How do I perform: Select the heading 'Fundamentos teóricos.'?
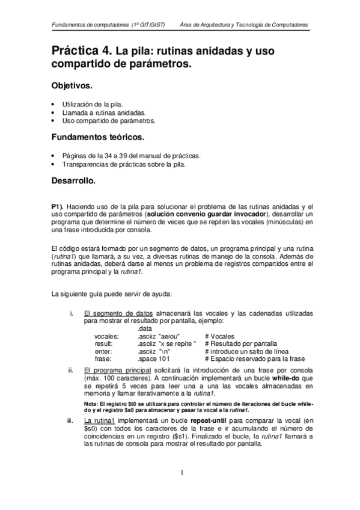98,138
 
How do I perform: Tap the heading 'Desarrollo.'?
81,180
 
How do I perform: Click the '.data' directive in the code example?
145,328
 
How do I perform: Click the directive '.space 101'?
155,359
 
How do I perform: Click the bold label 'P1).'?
61,206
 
